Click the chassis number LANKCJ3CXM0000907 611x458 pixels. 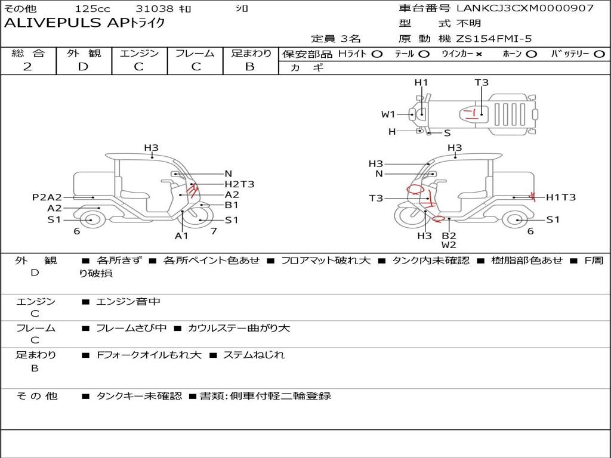(525, 8)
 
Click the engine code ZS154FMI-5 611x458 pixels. (494, 39)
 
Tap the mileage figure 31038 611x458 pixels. (152, 8)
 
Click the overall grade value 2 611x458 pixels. (27, 67)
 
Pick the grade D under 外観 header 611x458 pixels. (83, 67)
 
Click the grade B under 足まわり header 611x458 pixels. (250, 67)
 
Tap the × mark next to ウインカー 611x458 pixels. (479, 54)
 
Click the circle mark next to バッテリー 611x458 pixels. (599, 54)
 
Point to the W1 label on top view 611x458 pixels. (388, 114)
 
